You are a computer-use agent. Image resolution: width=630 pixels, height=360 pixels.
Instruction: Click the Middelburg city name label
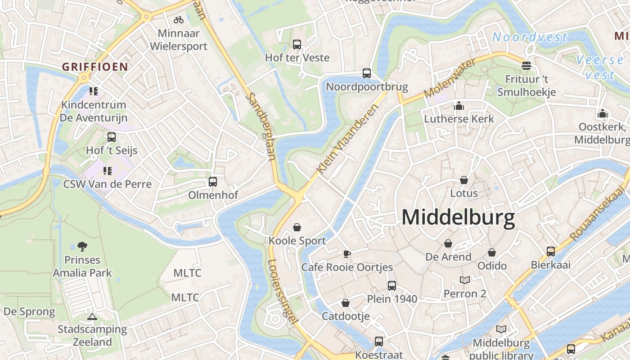(458, 218)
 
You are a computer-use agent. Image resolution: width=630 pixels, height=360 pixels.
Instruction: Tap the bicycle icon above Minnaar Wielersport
(179, 20)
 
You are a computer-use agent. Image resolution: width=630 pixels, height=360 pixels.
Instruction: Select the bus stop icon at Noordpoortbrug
(367, 73)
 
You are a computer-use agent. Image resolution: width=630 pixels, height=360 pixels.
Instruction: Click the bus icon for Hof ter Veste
(297, 45)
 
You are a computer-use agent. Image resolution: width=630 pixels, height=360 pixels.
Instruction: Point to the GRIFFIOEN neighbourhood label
(95, 67)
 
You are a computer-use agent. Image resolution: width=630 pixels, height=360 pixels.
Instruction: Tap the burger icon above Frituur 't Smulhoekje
(526, 66)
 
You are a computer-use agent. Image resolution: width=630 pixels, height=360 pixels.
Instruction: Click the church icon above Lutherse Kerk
(459, 106)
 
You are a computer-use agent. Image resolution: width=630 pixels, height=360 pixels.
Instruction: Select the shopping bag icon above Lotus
(464, 180)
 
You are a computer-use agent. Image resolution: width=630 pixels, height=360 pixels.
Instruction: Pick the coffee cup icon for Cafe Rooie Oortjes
(347, 254)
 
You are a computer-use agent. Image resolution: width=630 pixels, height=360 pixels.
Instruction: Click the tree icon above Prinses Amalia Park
(82, 246)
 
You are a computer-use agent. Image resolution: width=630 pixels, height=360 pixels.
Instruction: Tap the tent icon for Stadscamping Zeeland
(92, 316)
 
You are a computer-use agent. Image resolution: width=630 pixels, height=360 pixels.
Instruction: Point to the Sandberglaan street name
(261, 127)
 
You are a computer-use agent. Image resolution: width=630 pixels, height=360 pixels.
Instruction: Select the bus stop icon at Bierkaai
(551, 252)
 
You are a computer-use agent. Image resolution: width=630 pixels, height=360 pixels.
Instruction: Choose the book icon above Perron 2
(465, 280)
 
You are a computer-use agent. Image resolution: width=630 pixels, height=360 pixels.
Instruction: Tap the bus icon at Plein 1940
(392, 285)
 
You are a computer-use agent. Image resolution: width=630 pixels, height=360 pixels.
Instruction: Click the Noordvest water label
(530, 37)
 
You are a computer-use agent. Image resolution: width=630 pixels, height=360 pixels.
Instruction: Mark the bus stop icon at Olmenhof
(213, 182)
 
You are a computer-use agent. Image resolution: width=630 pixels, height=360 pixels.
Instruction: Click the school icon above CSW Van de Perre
(107, 171)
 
